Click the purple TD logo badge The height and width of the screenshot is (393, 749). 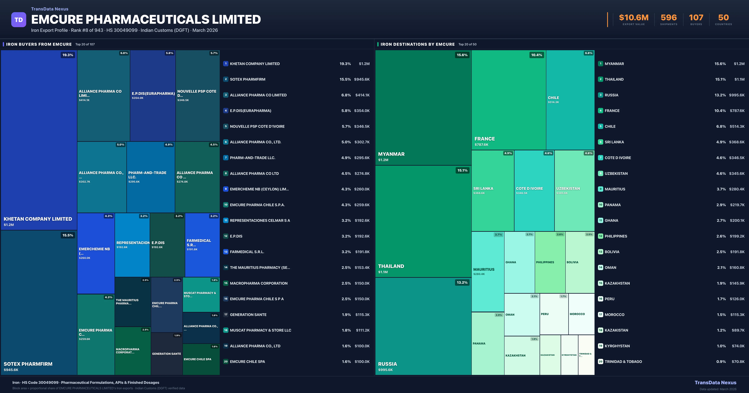click(x=19, y=20)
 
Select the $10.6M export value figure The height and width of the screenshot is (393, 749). click(x=634, y=18)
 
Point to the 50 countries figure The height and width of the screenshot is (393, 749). click(x=723, y=18)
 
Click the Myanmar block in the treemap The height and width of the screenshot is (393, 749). click(x=423, y=108)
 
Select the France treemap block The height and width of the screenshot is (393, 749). click(x=509, y=100)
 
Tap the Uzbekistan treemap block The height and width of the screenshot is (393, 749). click(x=574, y=190)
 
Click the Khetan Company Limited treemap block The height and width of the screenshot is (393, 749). click(x=39, y=140)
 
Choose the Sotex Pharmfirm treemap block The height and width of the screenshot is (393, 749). click(x=39, y=302)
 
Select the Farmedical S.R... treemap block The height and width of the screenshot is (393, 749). click(x=202, y=245)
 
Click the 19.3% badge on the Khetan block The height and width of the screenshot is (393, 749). click(x=68, y=55)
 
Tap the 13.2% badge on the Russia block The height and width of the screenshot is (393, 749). click(x=462, y=283)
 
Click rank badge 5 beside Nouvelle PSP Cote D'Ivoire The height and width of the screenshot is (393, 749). click(x=226, y=126)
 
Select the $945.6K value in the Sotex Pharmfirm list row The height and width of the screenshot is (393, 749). click(x=362, y=79)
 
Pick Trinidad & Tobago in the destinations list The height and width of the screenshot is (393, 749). click(x=623, y=362)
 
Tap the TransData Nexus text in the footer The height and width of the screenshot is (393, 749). click(x=715, y=383)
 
